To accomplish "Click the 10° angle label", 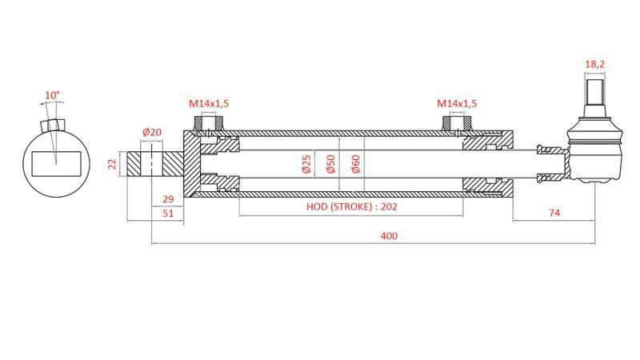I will point(52,95).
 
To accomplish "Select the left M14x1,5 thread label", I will point(209,103).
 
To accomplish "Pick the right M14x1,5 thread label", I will point(457,103).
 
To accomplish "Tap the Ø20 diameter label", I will point(151,132).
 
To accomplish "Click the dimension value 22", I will point(113,163).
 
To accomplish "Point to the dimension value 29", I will point(168,198).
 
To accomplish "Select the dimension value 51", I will point(168,214).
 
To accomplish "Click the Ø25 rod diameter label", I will point(306,164).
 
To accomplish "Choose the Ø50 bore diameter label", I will point(330,164).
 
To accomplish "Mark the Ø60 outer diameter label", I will point(356,164).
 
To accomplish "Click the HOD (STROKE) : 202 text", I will point(352,206).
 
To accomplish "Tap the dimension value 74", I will point(554,213).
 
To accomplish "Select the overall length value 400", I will point(389,235).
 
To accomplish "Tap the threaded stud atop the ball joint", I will point(594,94).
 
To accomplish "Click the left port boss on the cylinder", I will point(209,125).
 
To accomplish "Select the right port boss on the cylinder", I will point(457,125).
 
